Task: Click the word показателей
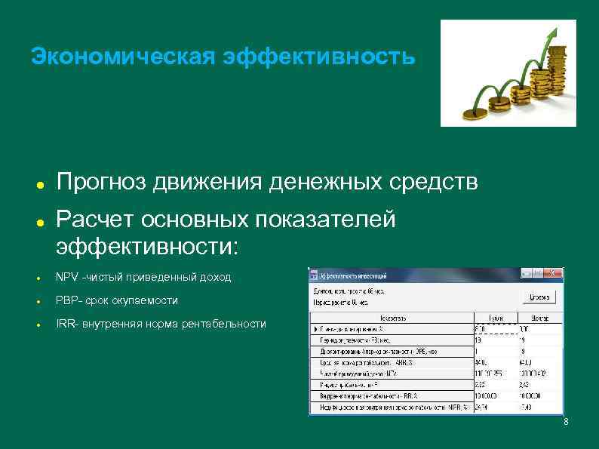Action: [325, 219]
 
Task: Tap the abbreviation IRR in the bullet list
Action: [66, 324]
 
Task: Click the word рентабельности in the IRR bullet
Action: [227, 324]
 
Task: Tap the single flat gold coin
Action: [476, 114]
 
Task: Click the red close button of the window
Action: [557, 274]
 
